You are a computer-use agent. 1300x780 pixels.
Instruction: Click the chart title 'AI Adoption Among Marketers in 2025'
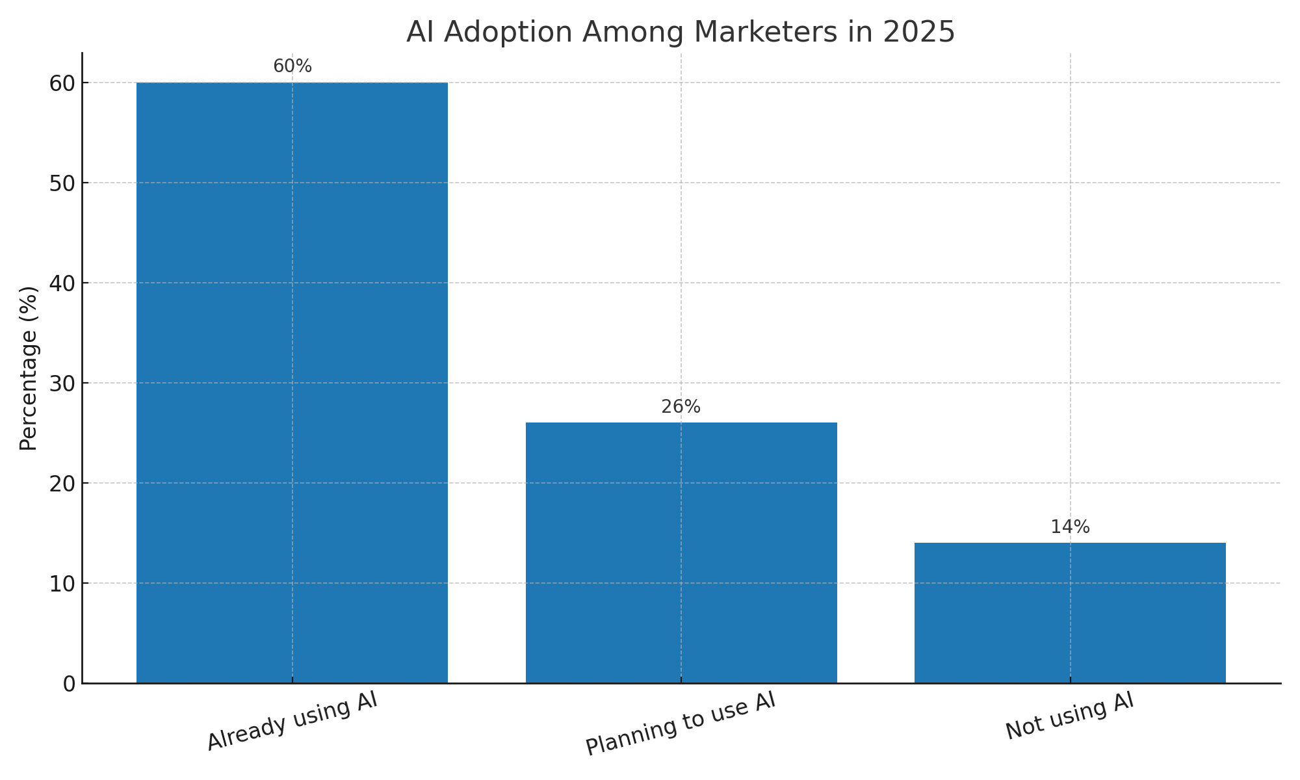pyautogui.click(x=681, y=32)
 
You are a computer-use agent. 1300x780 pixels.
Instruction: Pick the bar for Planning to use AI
pyautogui.click(x=681, y=552)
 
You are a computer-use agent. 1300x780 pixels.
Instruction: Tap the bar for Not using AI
pyautogui.click(x=1070, y=612)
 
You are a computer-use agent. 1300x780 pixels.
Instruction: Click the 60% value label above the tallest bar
pyautogui.click(x=292, y=67)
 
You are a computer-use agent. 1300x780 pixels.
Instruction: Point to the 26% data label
pyautogui.click(x=681, y=408)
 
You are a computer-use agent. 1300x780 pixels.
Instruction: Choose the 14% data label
pyautogui.click(x=1070, y=528)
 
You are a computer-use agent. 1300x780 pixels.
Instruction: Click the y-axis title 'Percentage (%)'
pyautogui.click(x=29, y=368)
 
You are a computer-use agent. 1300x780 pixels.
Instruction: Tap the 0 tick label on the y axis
pyautogui.click(x=69, y=684)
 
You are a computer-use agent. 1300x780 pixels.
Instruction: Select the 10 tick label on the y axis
pyautogui.click(x=62, y=584)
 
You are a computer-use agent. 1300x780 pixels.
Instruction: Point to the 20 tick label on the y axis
pyautogui.click(x=62, y=484)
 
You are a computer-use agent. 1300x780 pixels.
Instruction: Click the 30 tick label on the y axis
pyautogui.click(x=62, y=383)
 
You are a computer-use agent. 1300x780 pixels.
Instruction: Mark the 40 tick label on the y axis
pyautogui.click(x=62, y=283)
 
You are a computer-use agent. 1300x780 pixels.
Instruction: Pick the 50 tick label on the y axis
pyautogui.click(x=62, y=183)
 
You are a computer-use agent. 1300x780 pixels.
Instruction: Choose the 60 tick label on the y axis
pyautogui.click(x=62, y=83)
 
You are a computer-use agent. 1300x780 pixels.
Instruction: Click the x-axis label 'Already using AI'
pyautogui.click(x=292, y=721)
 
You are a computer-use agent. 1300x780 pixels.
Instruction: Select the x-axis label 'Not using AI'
pyautogui.click(x=1070, y=717)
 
